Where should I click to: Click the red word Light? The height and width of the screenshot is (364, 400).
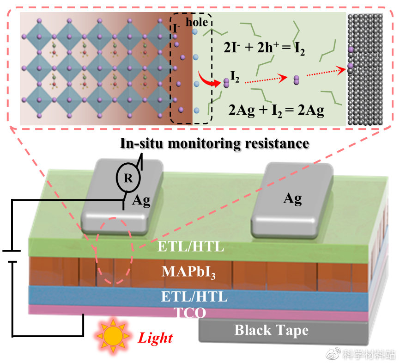pos(156,338)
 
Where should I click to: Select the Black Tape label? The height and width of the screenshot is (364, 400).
pos(271,330)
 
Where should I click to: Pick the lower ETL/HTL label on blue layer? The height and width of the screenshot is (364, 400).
pos(194,296)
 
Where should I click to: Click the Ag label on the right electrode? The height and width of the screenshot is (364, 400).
pos(292,199)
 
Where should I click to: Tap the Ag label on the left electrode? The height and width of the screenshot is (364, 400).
pos(141,200)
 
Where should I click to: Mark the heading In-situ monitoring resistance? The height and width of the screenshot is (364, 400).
pos(214,143)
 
